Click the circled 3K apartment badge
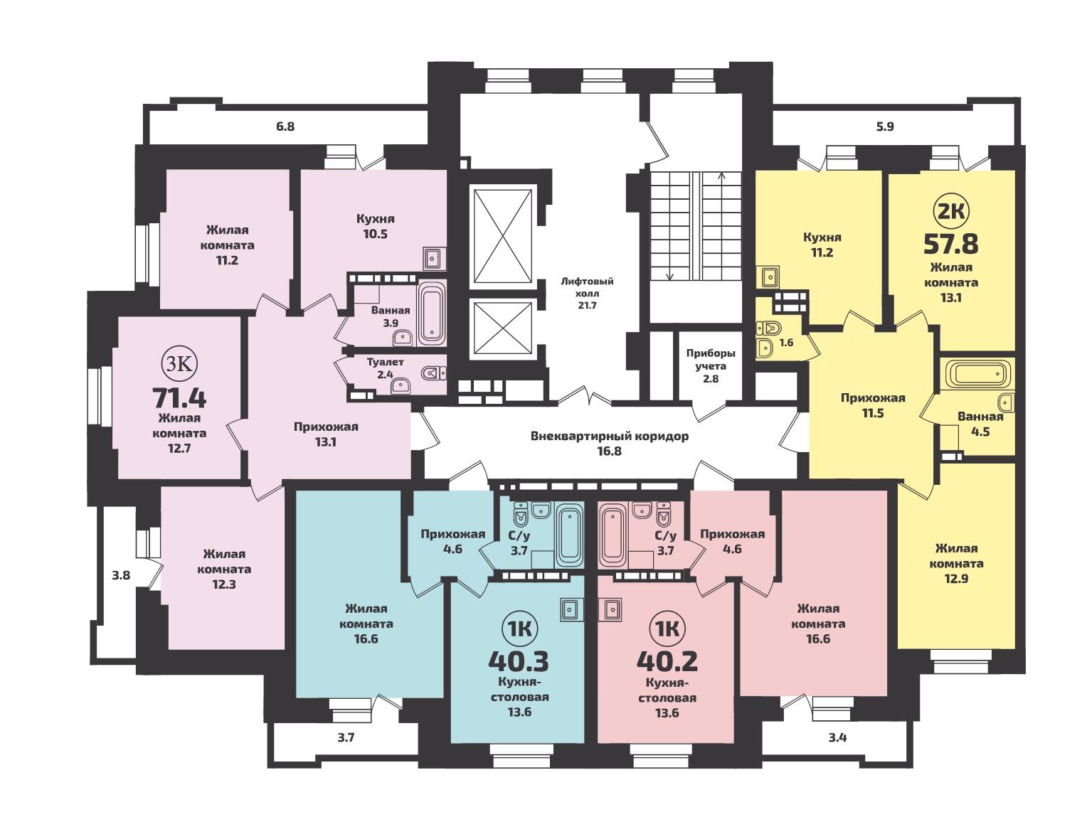(x=179, y=364)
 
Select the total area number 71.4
(x=179, y=398)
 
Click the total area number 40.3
(x=519, y=661)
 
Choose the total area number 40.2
(x=667, y=661)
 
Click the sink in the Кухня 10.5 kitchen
(x=435, y=258)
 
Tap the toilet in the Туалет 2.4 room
(x=434, y=373)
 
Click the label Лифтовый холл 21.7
(x=587, y=293)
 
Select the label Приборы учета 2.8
(x=711, y=365)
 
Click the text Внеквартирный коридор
(x=610, y=437)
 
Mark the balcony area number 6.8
(x=285, y=127)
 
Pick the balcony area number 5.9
(x=885, y=127)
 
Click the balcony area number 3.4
(x=837, y=738)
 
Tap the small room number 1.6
(x=786, y=343)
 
